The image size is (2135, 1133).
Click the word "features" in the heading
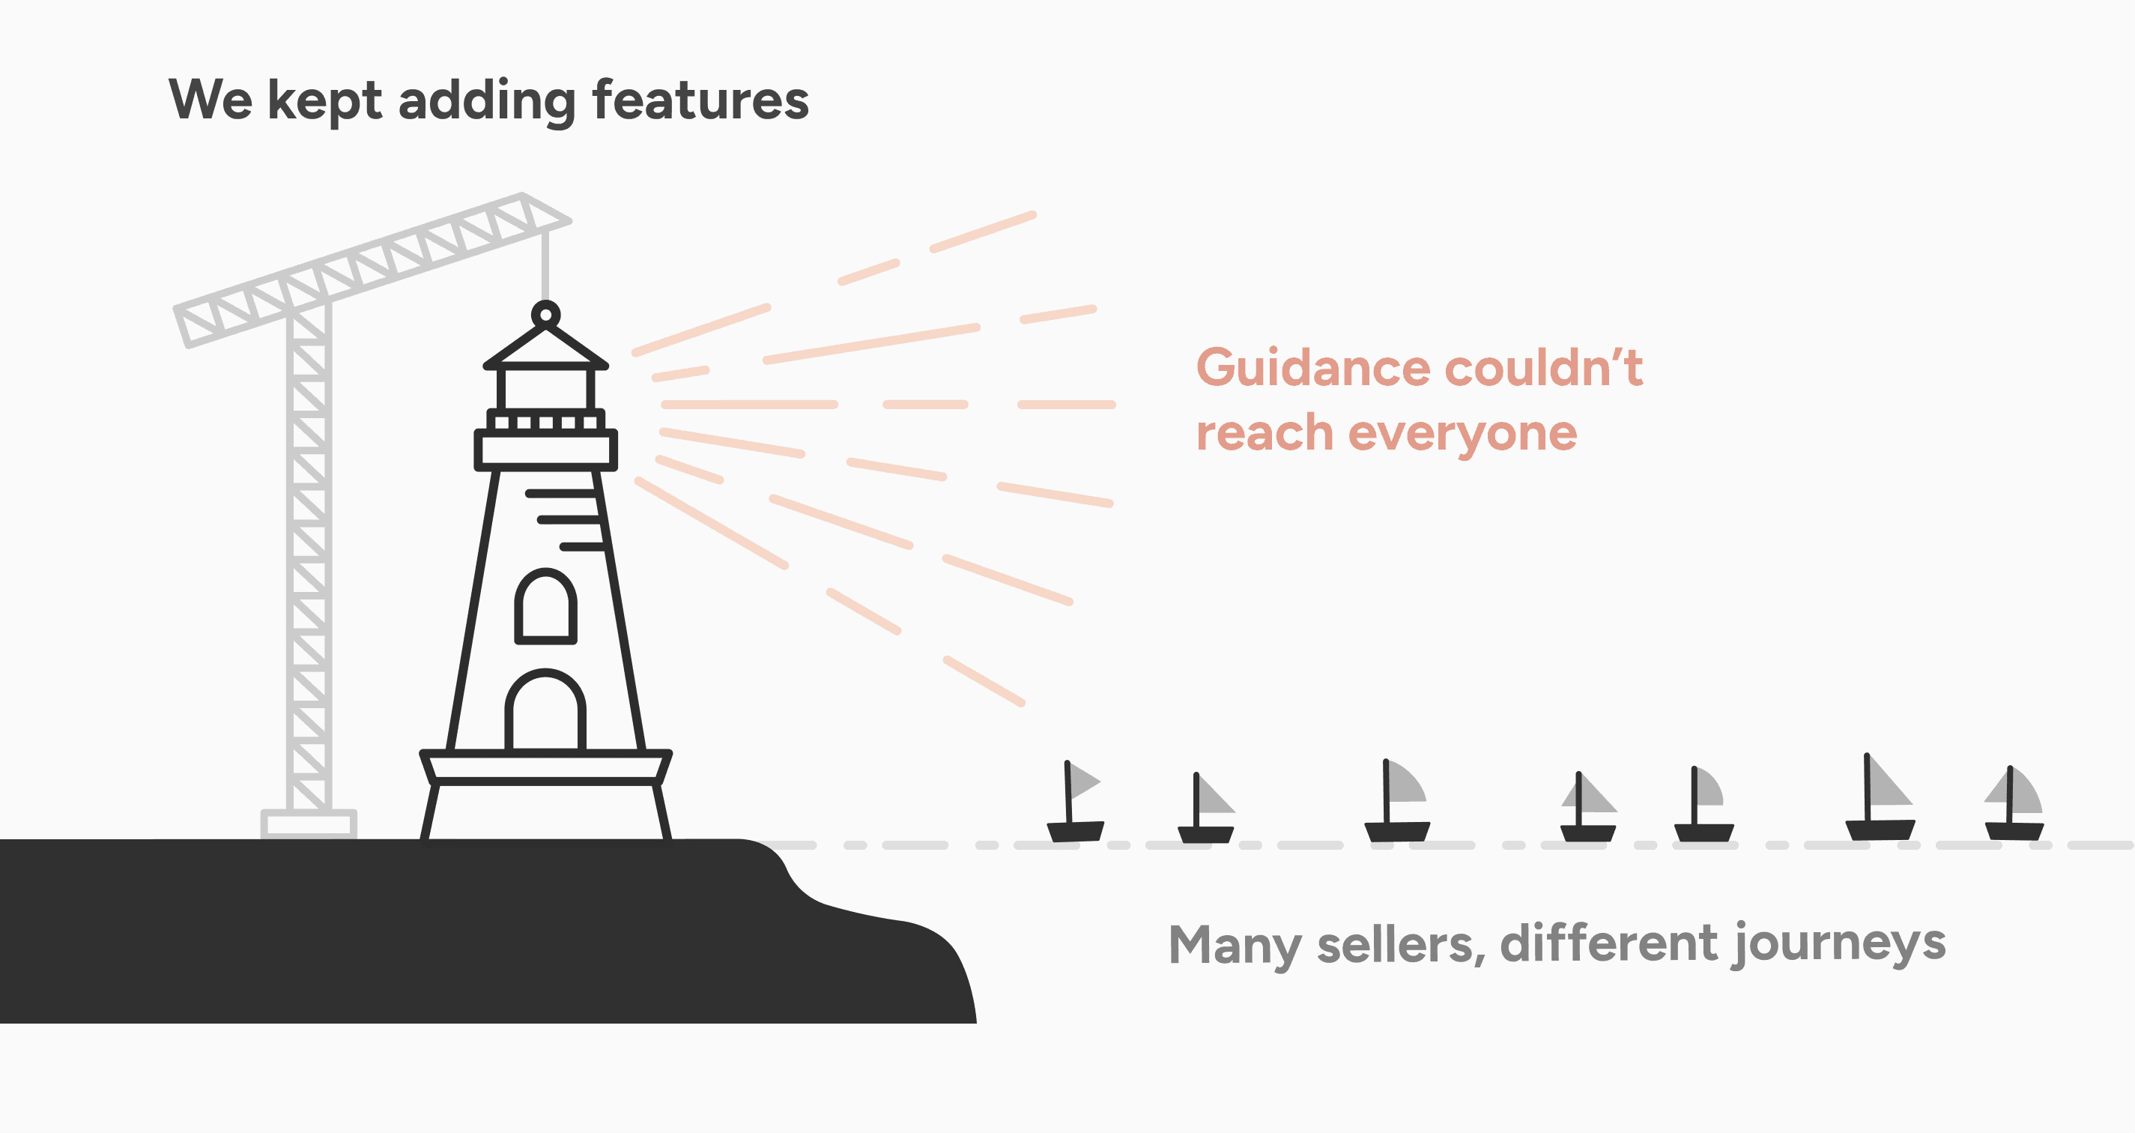point(700,100)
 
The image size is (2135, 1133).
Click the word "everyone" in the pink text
point(1462,433)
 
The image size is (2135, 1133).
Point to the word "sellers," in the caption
point(1401,944)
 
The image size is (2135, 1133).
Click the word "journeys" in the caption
point(1839,944)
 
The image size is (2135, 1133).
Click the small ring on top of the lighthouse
point(545,314)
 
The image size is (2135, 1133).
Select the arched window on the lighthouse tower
point(545,607)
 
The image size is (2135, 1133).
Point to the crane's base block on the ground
point(309,824)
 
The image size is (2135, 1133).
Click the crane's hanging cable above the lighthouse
point(545,265)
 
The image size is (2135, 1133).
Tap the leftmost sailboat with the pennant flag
point(1076,803)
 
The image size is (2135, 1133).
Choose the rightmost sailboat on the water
point(2014,804)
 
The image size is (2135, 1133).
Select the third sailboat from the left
point(1397,802)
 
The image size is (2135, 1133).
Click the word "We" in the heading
point(210,100)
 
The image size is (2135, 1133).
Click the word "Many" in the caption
point(1233,944)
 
